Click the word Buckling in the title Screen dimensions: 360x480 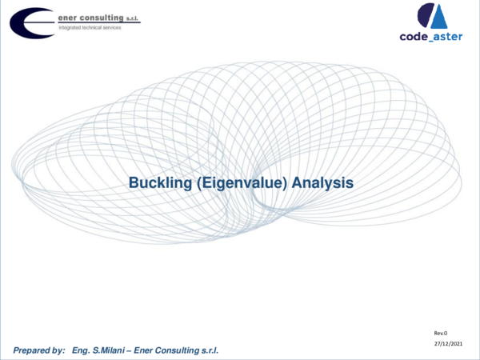coord(157,183)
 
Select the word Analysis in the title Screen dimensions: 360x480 coord(322,183)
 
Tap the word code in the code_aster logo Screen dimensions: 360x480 coord(416,36)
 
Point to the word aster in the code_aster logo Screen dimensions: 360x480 coord(448,36)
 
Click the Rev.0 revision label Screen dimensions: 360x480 coord(441,330)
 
